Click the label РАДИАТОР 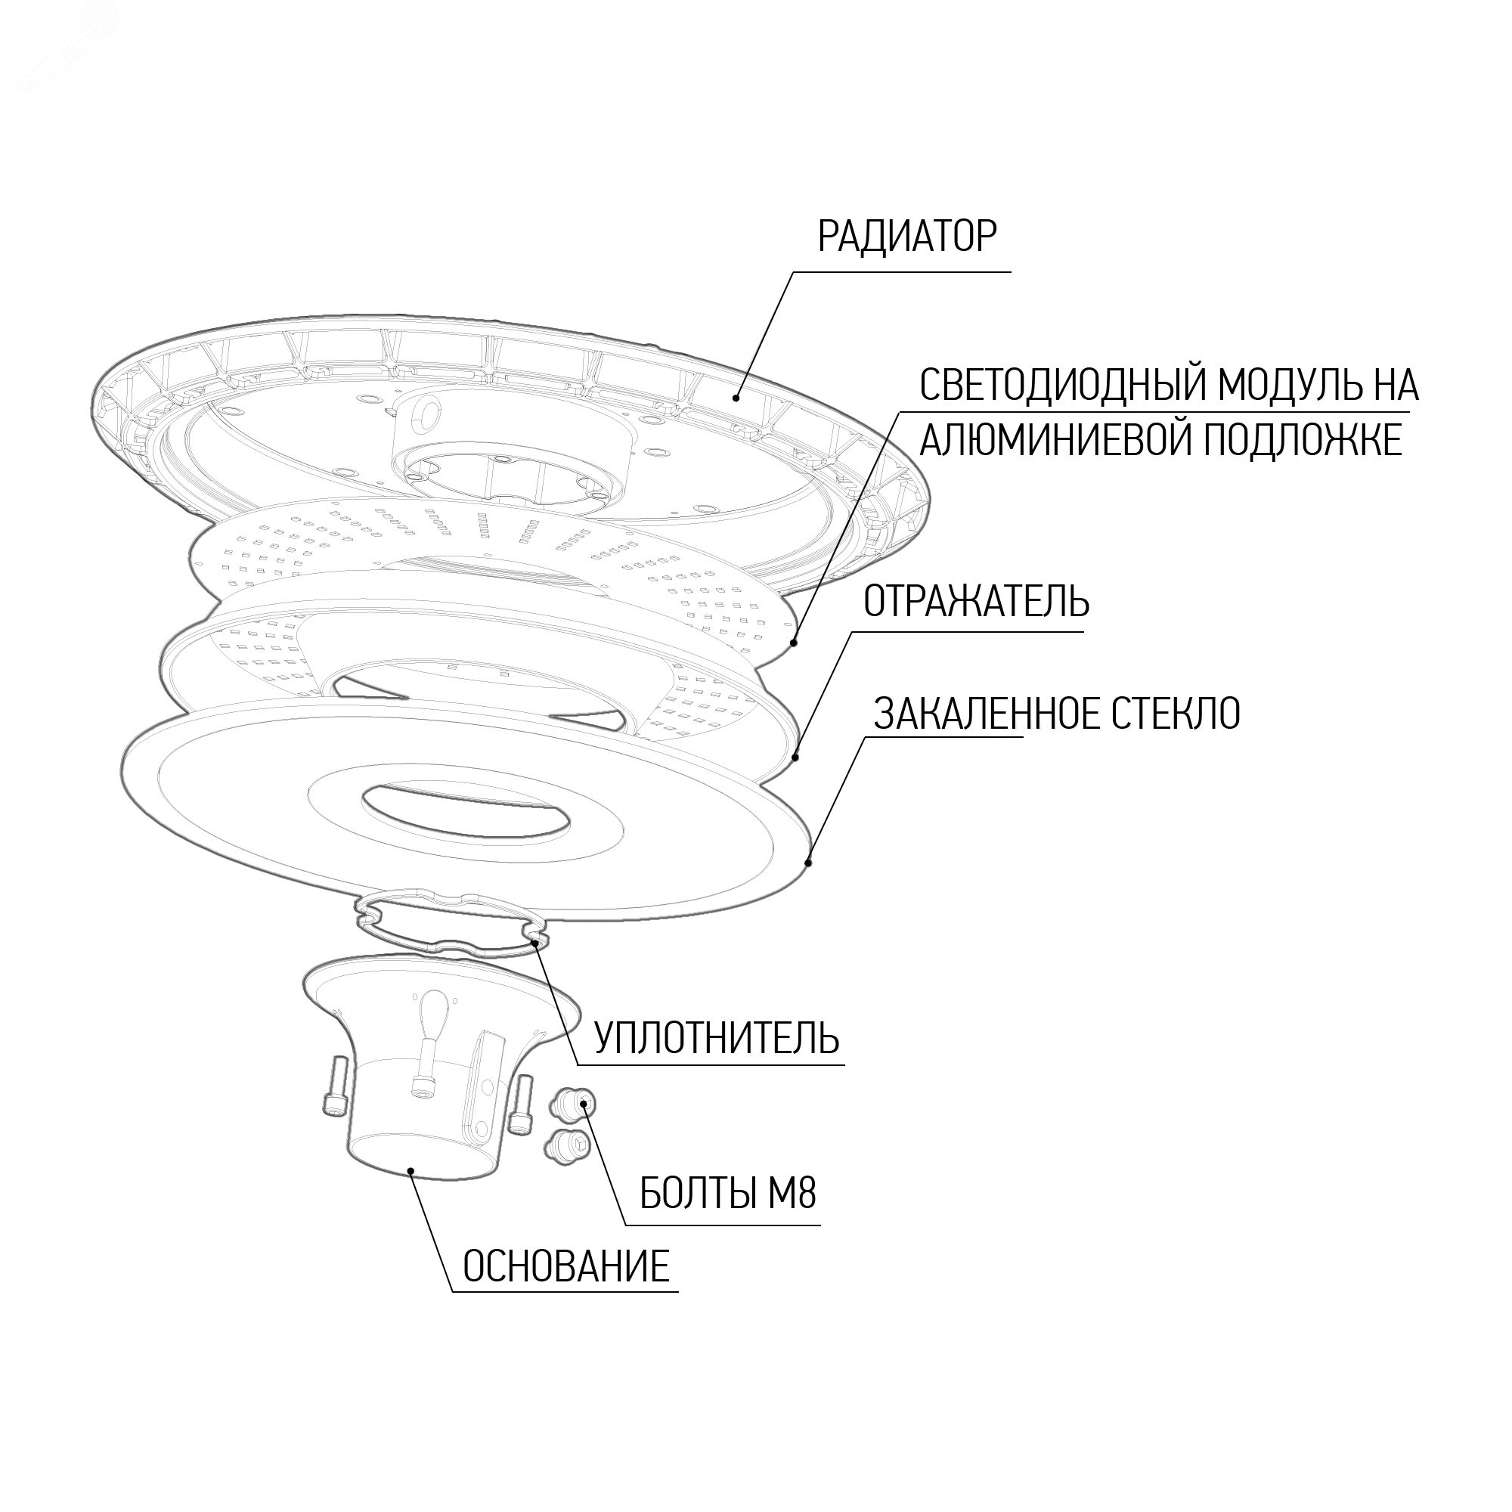[x=908, y=237]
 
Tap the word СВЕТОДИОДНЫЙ [x=1052, y=385]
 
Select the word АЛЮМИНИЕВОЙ [x=1055, y=440]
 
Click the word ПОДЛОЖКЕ [x=1303, y=440]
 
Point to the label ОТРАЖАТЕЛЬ [x=976, y=601]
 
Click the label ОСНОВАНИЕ [x=566, y=1266]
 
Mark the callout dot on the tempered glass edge [x=809, y=863]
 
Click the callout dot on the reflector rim [x=796, y=757]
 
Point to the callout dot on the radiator [x=736, y=398]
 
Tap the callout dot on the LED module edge [x=795, y=643]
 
